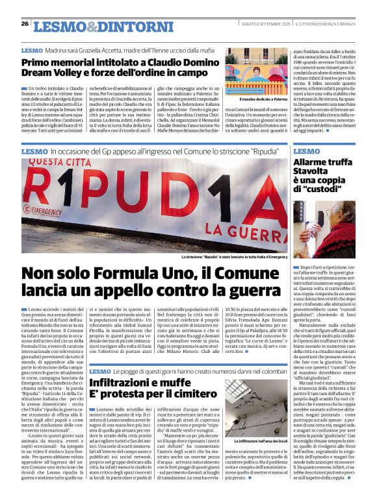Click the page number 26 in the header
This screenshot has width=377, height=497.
click(x=25, y=23)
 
